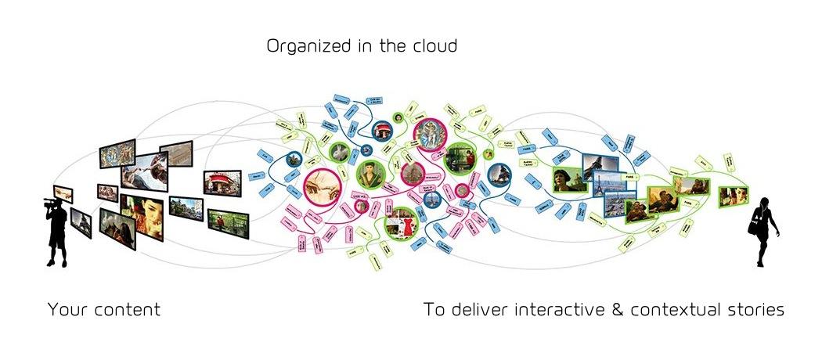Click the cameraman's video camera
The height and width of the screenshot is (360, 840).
coord(50,203)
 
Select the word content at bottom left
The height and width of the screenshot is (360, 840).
coord(126,309)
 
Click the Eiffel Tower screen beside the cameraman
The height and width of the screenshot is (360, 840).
coord(81,222)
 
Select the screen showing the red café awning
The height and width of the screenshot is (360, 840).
coord(222,183)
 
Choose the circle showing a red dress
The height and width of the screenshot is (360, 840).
coord(402,222)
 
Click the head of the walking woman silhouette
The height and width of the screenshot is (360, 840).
coord(764,202)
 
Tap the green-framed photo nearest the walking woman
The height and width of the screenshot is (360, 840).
coord(734,196)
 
